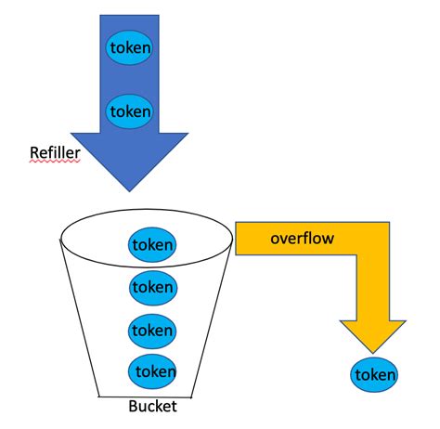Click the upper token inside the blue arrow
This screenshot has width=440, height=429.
tap(131, 46)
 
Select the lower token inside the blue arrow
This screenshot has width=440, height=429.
tap(131, 111)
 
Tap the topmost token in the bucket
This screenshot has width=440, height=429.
tap(152, 245)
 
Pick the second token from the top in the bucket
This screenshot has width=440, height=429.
tap(152, 287)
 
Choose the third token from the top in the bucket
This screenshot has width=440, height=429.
tap(152, 329)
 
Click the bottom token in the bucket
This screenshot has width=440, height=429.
tap(152, 370)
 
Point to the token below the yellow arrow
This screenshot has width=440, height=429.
tap(375, 376)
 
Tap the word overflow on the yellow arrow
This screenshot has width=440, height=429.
tap(302, 239)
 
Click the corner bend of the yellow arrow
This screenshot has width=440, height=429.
tap(371, 239)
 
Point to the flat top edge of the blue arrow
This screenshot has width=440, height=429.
tap(131, 16)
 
